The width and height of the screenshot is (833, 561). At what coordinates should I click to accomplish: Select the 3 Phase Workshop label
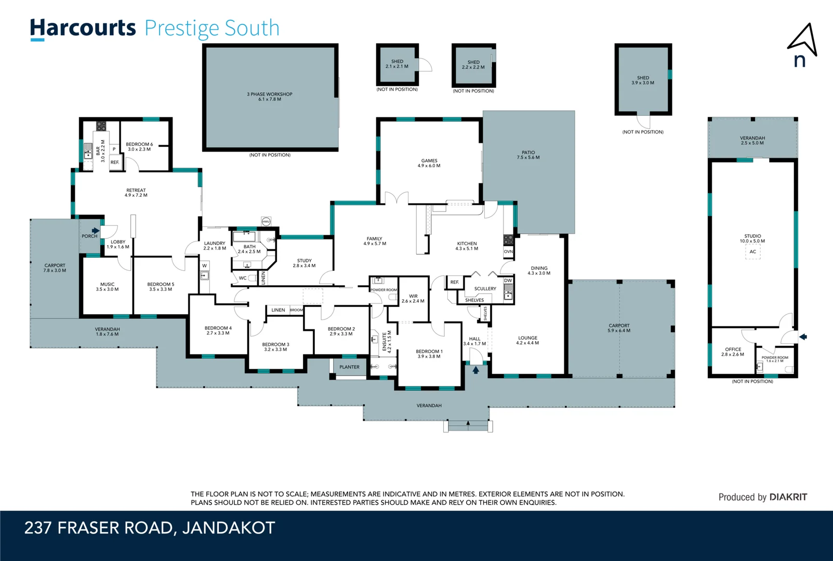point(269,97)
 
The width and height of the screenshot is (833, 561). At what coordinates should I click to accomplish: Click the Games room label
point(429,163)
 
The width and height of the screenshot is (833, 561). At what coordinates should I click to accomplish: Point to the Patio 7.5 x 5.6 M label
point(528,155)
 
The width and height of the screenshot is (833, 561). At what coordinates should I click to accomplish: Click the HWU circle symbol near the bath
point(266,221)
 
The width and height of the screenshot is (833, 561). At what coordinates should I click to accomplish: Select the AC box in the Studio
point(752,251)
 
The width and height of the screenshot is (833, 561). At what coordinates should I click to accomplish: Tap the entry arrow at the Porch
point(96,231)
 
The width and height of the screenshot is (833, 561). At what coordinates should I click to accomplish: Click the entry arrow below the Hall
point(475,370)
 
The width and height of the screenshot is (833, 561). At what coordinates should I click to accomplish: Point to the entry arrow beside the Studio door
point(803,337)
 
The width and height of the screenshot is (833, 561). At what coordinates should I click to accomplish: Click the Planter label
point(349,367)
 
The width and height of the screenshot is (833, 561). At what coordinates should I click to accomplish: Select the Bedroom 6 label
point(139,146)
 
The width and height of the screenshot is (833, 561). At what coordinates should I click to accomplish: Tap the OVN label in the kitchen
point(508,251)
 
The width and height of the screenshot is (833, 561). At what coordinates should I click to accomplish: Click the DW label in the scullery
point(508,280)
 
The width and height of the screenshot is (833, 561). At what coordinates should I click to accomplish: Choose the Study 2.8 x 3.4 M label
point(304,263)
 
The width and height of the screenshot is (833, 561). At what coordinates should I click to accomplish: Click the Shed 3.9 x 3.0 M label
point(643,80)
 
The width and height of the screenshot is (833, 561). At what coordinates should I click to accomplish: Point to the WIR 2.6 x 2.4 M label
point(413,299)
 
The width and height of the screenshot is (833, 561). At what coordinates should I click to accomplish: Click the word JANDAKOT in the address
point(228,528)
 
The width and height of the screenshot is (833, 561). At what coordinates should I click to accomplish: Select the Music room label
point(107,287)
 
